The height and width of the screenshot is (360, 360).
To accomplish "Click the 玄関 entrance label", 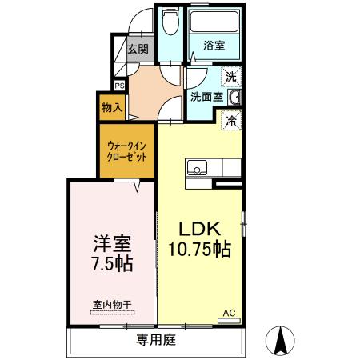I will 138,49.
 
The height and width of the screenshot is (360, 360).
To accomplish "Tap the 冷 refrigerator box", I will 230,122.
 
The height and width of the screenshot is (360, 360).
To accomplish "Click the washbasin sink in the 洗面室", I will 235,98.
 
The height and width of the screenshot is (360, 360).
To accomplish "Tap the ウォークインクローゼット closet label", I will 126,151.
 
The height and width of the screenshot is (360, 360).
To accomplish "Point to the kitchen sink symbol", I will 197,168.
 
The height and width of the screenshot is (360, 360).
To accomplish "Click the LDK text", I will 199,226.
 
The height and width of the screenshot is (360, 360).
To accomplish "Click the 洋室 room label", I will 110,241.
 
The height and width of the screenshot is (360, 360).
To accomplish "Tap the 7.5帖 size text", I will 110,262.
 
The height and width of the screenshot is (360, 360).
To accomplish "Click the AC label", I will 228,313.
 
